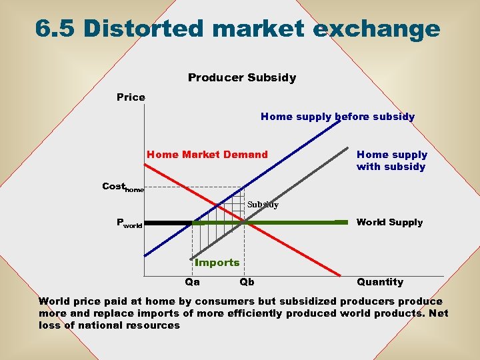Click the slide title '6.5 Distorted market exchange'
pyautogui.click(x=237, y=29)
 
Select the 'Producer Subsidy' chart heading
pyautogui.click(x=242, y=78)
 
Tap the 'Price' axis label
pyautogui.click(x=131, y=97)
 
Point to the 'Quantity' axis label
pyautogui.click(x=380, y=282)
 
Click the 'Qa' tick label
pyautogui.click(x=192, y=282)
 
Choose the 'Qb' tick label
pyautogui.click(x=247, y=282)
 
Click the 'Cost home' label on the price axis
pyautogui.click(x=122, y=187)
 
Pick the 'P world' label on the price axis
pyautogui.click(x=129, y=223)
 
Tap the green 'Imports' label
pyautogui.click(x=217, y=263)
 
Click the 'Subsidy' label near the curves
pyautogui.click(x=263, y=205)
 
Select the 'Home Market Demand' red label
pyautogui.click(x=207, y=155)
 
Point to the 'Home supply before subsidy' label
pyautogui.click(x=337, y=117)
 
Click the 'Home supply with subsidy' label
pyautogui.click(x=392, y=161)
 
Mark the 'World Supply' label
pyautogui.click(x=389, y=222)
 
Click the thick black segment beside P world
pyautogui.click(x=168, y=223)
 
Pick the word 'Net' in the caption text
pyautogui.click(x=437, y=313)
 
